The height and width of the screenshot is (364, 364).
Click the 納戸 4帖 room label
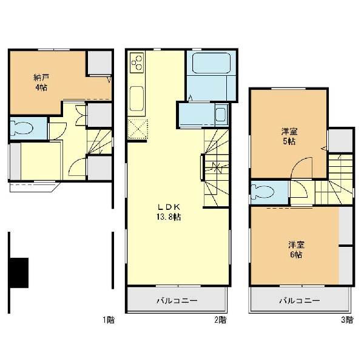(41, 82)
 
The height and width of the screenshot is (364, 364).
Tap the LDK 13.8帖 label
(169, 212)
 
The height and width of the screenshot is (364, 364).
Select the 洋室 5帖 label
(289, 136)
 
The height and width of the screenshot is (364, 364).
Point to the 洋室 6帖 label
(296, 250)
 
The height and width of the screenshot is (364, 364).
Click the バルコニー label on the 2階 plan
(177, 301)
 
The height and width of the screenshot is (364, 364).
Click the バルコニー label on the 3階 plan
(300, 301)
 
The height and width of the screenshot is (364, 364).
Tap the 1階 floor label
(109, 320)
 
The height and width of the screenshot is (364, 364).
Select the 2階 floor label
(220, 320)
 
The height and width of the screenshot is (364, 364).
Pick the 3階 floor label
(347, 320)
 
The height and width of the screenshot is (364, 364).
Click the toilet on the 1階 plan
(22, 128)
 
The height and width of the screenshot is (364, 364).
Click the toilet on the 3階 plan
(263, 192)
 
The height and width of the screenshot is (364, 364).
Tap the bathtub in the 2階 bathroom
(211, 63)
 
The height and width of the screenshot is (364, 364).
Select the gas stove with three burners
(136, 62)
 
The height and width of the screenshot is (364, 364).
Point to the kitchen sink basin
(136, 98)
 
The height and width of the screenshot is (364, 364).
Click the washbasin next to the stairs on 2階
(221, 115)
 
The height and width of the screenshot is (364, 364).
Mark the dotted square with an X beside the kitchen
(138, 129)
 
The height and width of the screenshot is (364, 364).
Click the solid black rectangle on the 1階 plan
(19, 273)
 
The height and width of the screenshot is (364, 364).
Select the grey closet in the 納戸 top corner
(99, 62)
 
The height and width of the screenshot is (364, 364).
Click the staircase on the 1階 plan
(99, 141)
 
